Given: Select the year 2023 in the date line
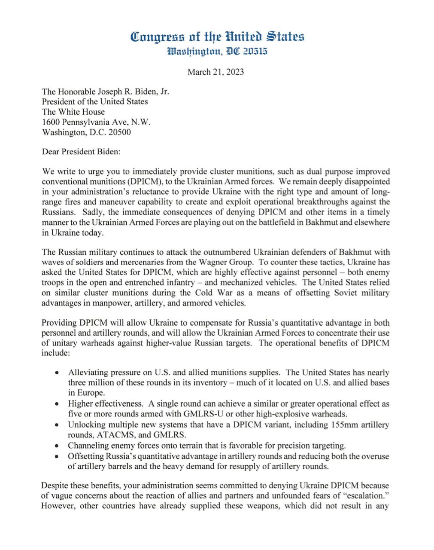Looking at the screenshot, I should (x=235, y=72).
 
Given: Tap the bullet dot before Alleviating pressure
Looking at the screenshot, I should (x=57, y=373).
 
